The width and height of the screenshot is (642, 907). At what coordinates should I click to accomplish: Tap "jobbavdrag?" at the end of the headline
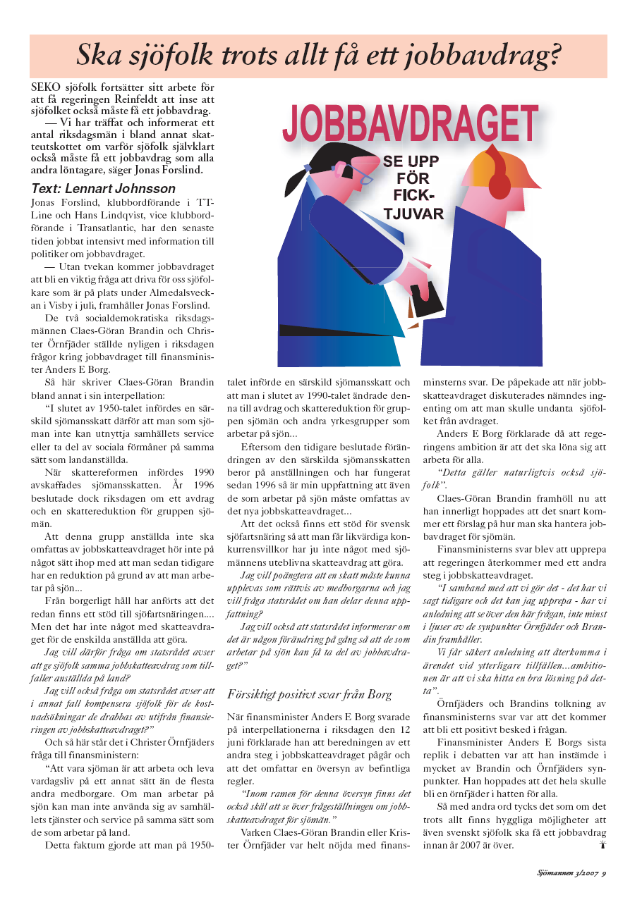point(494,54)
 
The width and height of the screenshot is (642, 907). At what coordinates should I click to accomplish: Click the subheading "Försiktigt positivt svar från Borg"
point(309,695)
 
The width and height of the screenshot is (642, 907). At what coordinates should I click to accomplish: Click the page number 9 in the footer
point(605,874)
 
